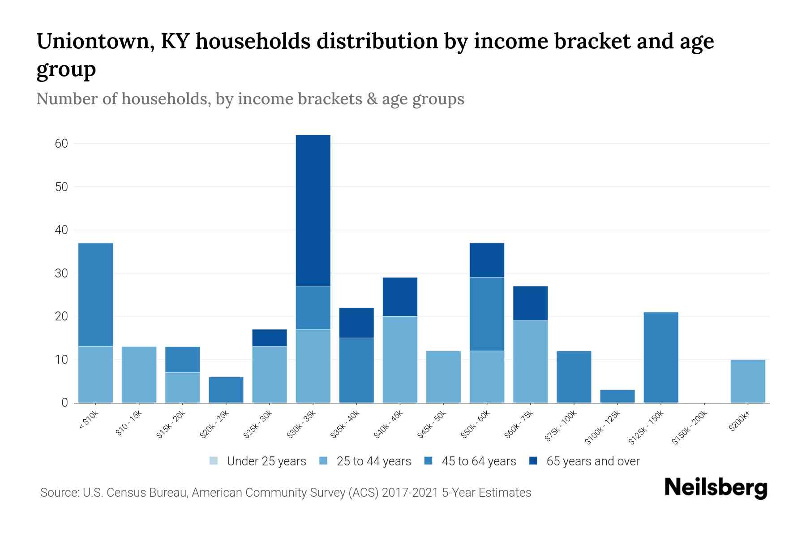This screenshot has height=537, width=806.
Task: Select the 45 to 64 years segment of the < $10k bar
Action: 95,294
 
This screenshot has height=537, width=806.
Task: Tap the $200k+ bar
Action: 747,381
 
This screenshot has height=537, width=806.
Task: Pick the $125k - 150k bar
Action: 660,357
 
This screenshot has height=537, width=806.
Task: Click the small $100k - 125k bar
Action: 617,396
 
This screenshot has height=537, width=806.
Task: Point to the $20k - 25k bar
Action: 226,389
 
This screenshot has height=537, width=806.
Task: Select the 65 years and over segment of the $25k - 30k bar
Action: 269,338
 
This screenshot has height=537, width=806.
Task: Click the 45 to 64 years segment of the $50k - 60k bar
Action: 487,314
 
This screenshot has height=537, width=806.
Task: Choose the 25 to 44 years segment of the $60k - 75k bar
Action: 530,362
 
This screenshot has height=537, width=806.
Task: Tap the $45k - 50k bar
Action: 443,376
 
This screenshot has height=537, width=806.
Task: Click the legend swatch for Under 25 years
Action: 214,461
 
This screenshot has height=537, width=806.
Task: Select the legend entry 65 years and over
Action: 592,461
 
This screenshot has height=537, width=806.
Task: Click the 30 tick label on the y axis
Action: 61,273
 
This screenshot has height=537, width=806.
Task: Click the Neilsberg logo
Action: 716,487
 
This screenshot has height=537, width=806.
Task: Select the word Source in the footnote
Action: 58,493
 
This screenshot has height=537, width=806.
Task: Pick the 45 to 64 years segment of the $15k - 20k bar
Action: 182,359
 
